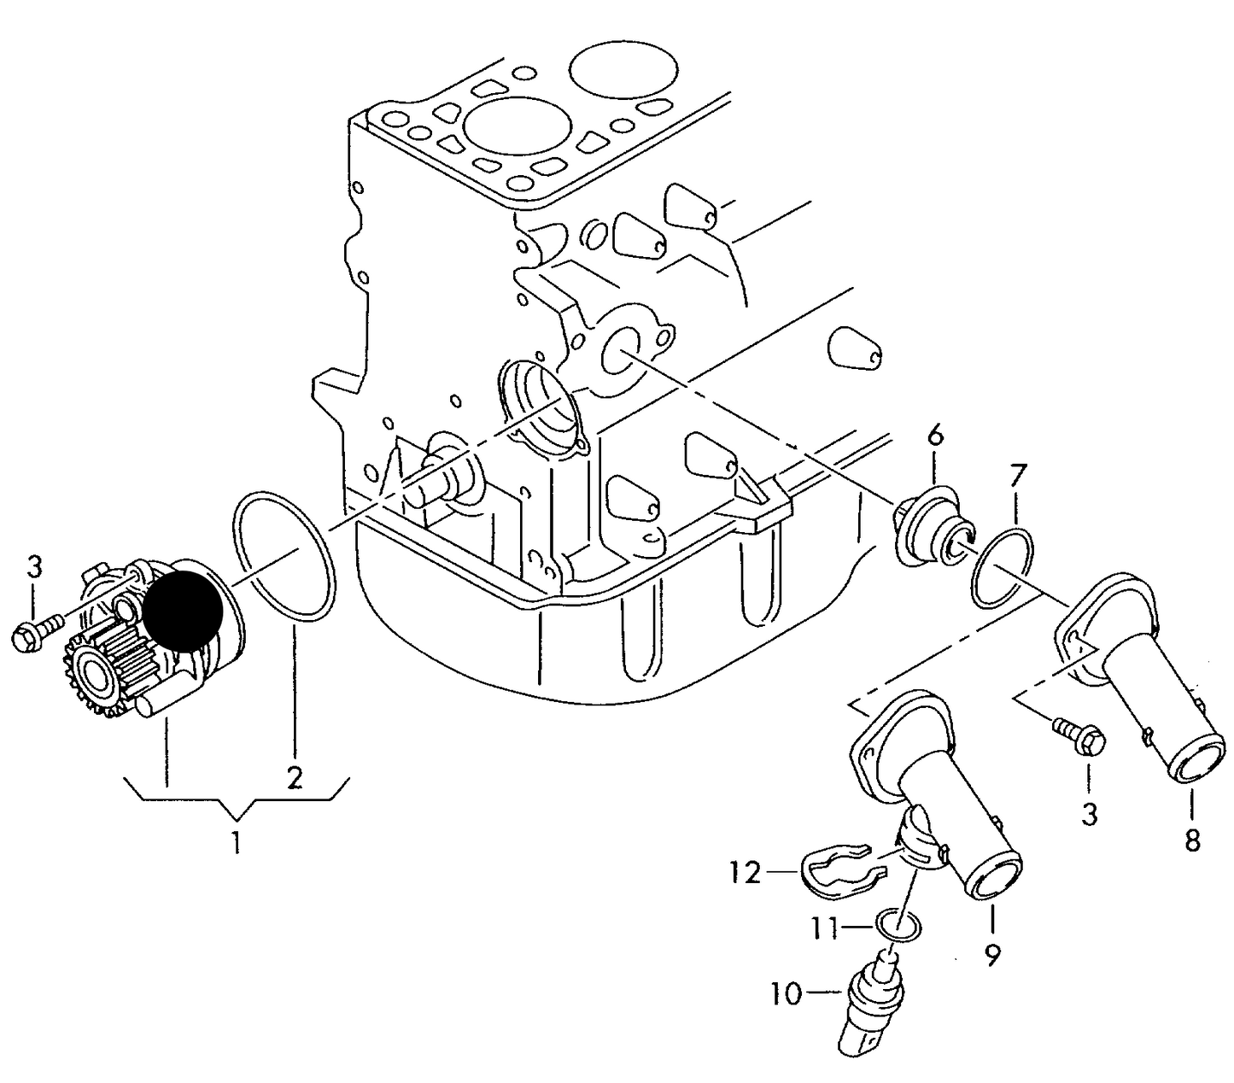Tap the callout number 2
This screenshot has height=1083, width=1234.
(294, 777)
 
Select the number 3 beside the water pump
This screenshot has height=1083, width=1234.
(34, 567)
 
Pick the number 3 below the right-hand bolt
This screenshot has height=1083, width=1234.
(1089, 814)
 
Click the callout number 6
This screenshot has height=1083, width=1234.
(936, 436)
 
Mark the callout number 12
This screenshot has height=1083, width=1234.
(745, 873)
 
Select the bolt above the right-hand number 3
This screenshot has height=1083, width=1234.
(1079, 735)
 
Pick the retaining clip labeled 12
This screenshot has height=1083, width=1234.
(841, 871)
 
